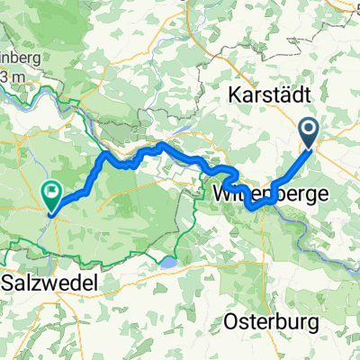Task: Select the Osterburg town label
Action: coord(266,321)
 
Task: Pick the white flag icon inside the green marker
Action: coord(51,191)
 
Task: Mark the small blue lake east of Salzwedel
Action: coord(167,263)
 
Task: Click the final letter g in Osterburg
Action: coord(305,323)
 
